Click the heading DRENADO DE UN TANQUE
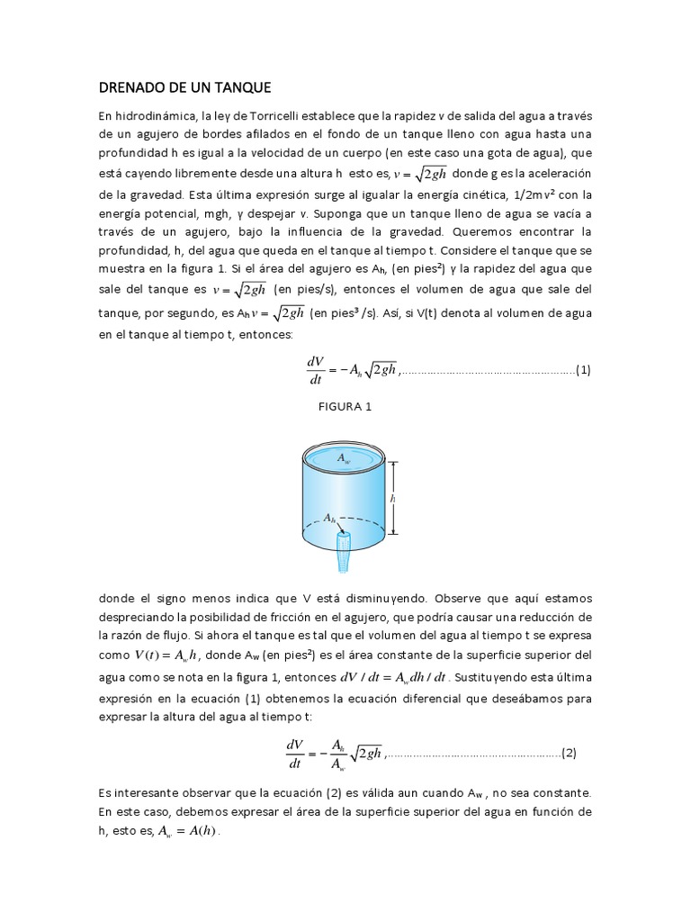[184, 87]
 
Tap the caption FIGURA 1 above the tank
[345, 406]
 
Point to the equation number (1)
[582, 369]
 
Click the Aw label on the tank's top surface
[343, 458]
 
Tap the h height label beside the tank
[393, 497]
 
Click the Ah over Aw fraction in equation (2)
[337, 754]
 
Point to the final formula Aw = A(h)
[188, 831]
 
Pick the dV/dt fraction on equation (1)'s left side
[315, 369]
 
